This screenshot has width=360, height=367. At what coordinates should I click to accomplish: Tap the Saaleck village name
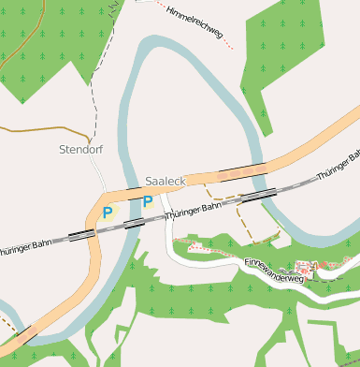[x=166, y=181]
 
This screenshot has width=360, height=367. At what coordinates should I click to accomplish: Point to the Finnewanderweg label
[x=274, y=271]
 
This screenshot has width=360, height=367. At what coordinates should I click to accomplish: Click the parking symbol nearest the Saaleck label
[x=147, y=202]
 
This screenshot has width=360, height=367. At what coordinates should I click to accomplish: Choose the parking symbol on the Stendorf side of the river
[x=107, y=213]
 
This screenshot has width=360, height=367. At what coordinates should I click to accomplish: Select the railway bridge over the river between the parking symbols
[x=134, y=223]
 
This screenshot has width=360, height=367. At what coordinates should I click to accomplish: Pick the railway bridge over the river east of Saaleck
[x=260, y=193]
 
